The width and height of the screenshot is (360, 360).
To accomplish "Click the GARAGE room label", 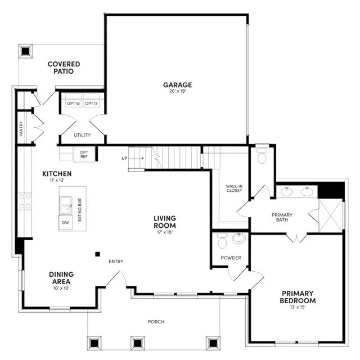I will click(178, 85).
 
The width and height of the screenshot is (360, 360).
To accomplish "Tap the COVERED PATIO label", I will click(64, 68).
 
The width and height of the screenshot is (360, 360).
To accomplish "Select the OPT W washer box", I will click(73, 103).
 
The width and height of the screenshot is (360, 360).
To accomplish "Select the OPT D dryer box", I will click(91, 103).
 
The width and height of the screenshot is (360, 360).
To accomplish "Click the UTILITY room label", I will click(82, 135).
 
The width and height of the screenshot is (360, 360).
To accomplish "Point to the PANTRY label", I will click(21, 128).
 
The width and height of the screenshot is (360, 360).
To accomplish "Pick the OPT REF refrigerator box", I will click(84, 154).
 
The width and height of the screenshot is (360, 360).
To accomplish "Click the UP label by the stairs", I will click(124, 158).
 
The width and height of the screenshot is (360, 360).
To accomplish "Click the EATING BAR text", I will click(80, 209).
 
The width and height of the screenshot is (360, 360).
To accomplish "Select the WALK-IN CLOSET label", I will click(234, 188).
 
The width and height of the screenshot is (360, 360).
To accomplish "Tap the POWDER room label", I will click(231, 258).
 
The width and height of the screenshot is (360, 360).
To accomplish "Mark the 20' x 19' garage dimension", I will click(178, 93).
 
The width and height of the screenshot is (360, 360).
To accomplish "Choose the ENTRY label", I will click(116, 261).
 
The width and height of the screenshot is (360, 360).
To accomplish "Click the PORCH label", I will click(156, 322).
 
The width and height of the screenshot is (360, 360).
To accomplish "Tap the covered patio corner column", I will click(25, 51).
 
